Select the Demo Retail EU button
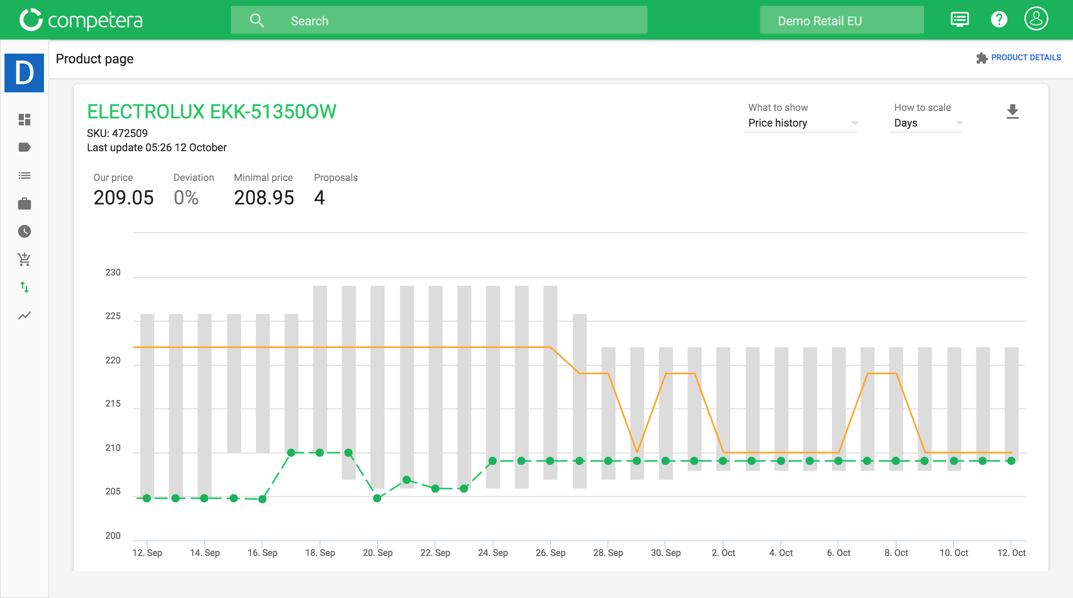[x=841, y=20]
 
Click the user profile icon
[x=1035, y=19]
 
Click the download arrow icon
[x=1012, y=112]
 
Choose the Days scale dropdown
[x=926, y=123]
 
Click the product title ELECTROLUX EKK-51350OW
[x=212, y=112]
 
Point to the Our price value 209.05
[x=123, y=197]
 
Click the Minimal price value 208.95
[x=264, y=197]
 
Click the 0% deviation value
[x=186, y=197]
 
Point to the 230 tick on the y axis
[x=113, y=272]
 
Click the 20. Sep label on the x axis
[x=377, y=553]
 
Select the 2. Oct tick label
[x=723, y=553]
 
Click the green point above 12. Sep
[x=147, y=498]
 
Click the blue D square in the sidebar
[x=24, y=73]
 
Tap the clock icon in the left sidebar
[x=25, y=231]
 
